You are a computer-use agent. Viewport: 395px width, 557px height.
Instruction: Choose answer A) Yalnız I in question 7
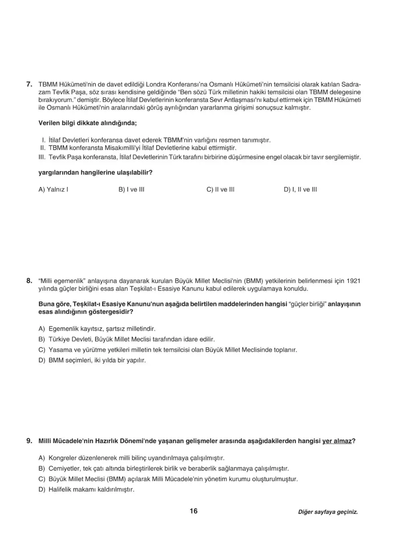[53, 189]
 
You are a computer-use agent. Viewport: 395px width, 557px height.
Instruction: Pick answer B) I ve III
[131, 189]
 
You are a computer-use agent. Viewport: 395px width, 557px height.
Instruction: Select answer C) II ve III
[220, 189]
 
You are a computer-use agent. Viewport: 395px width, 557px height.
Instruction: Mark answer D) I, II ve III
[300, 189]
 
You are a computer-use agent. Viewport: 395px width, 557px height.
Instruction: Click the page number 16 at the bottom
[193, 511]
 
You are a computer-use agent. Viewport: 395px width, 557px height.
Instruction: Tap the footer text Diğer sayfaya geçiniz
[328, 512]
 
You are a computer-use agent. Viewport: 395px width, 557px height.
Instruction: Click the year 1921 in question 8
[354, 281]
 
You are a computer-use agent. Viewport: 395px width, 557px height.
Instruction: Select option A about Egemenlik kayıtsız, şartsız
[97, 329]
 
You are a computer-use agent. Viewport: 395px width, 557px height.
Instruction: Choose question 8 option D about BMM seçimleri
[92, 360]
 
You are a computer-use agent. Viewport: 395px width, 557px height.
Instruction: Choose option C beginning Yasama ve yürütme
[167, 349]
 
